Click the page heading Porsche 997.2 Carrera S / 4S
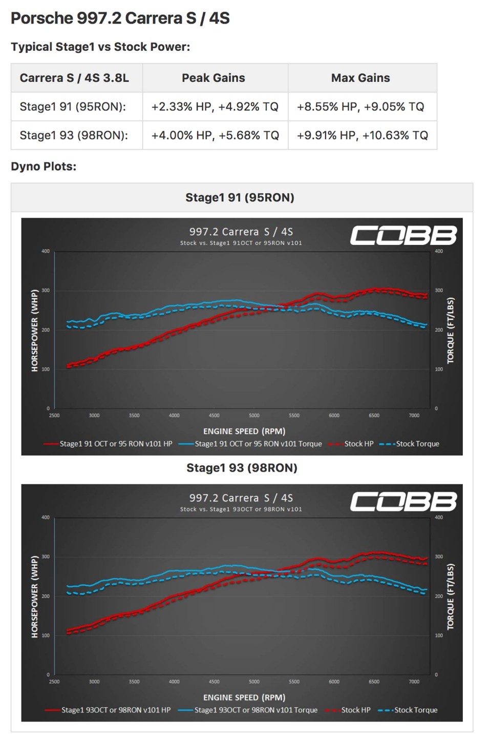pyautogui.click(x=120, y=18)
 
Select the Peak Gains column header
pyautogui.click(x=213, y=78)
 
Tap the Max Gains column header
pyautogui.click(x=360, y=78)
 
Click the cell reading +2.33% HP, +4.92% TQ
pyautogui.click(x=215, y=107)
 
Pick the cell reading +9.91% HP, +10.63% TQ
pyautogui.click(x=362, y=135)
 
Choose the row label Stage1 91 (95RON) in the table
pyautogui.click(x=73, y=107)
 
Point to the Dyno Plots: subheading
pyautogui.click(x=44, y=167)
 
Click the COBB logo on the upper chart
pyautogui.click(x=403, y=236)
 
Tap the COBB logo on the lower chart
pyautogui.click(x=403, y=502)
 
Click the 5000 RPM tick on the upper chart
pyautogui.click(x=254, y=416)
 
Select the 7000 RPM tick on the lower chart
pyautogui.click(x=414, y=682)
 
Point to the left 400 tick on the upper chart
pyautogui.click(x=46, y=251)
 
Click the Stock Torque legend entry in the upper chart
pyautogui.click(x=417, y=444)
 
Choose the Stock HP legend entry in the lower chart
pyautogui.click(x=355, y=710)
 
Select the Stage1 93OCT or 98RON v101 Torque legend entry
pyautogui.click(x=256, y=710)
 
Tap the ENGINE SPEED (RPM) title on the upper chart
pyautogui.click(x=244, y=431)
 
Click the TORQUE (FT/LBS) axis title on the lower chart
pyautogui.click(x=451, y=597)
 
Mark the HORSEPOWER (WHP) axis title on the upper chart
pyautogui.click(x=35, y=331)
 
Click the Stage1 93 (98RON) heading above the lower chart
pyautogui.click(x=242, y=468)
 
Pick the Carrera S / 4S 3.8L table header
pyautogui.click(x=74, y=78)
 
